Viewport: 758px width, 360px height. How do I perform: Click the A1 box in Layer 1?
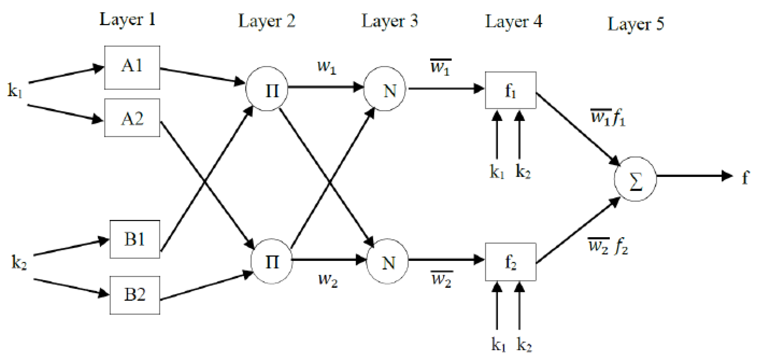(132, 67)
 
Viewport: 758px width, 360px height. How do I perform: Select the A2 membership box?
(132, 118)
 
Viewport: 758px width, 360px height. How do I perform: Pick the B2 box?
(135, 295)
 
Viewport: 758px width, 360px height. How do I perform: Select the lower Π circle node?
(272, 261)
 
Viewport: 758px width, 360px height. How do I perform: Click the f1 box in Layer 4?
(511, 90)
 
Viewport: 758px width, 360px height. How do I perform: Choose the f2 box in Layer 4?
(511, 262)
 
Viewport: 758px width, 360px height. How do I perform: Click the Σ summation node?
(635, 179)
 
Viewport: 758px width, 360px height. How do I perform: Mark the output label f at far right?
(745, 177)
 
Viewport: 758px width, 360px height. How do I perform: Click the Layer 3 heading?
(390, 21)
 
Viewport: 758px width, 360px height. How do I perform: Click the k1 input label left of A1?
(15, 90)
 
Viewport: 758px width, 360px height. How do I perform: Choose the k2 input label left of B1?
(19, 262)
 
